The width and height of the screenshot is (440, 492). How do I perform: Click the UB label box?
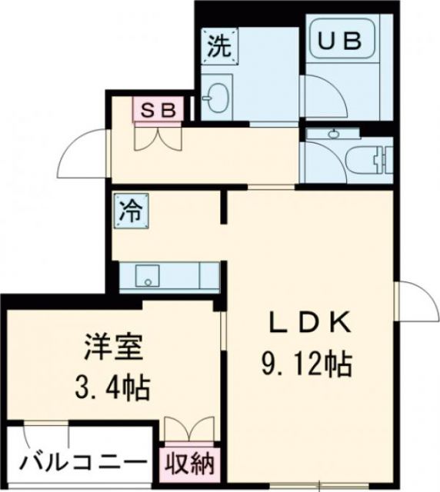(x=341, y=42)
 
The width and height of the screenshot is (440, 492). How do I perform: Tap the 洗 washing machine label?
(x=218, y=47)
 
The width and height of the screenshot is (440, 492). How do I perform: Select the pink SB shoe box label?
(x=158, y=109)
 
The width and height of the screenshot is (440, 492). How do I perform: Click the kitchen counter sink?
(x=145, y=274)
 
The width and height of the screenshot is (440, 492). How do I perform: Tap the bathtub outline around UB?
(x=341, y=46)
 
